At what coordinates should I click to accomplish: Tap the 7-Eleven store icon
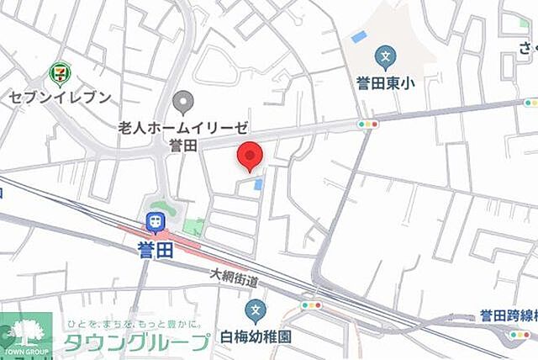pyautogui.click(x=61, y=73)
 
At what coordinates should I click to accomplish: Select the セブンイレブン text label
pyautogui.click(x=61, y=97)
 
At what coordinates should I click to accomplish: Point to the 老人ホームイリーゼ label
pyautogui.click(x=183, y=127)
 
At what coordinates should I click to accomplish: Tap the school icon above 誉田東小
pyautogui.click(x=386, y=58)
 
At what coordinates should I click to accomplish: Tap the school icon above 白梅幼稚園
pyautogui.click(x=256, y=310)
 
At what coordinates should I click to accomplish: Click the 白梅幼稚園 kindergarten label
pyautogui.click(x=256, y=335)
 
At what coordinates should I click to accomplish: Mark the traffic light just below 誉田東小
pyautogui.click(x=367, y=124)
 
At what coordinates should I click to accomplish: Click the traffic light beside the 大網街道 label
pyautogui.click(x=310, y=304)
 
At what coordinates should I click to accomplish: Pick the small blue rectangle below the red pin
pyautogui.click(x=258, y=183)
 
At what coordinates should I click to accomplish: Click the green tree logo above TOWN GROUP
pyautogui.click(x=25, y=330)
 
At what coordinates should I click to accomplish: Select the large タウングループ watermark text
pyautogui.click(x=138, y=341)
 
